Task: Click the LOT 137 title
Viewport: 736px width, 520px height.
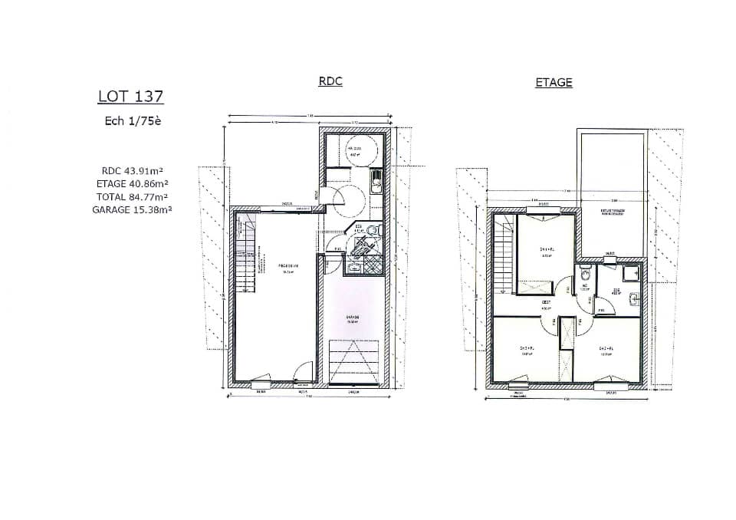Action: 130,97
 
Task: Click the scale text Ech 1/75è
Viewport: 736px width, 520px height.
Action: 133,120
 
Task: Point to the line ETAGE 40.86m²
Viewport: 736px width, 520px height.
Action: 132,184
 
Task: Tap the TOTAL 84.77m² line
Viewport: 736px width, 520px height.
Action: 132,196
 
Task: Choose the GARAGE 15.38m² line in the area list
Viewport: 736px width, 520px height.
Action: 132,209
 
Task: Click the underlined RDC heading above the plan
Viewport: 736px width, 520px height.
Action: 330,81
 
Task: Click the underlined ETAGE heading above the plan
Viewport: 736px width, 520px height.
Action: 554,82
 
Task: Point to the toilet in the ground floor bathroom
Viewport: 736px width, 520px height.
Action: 372,230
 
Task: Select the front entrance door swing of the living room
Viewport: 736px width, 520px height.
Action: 305,370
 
